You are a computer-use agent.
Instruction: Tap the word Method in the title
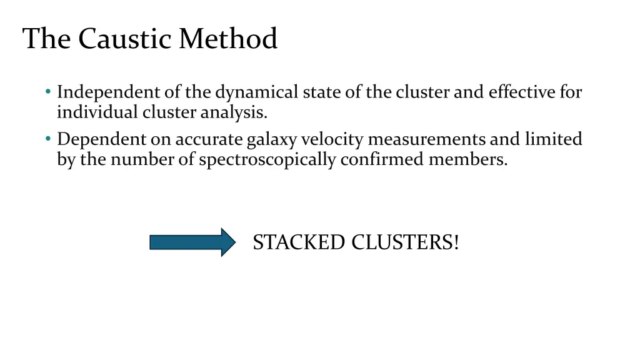click(x=227, y=39)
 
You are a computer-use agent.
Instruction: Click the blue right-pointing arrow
click(x=192, y=242)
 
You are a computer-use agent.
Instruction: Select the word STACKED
click(x=299, y=242)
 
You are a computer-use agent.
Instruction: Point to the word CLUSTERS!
click(x=405, y=242)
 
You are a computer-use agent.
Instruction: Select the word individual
click(x=97, y=113)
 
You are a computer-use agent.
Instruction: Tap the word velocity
click(x=327, y=139)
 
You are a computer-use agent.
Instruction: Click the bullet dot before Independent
click(x=48, y=92)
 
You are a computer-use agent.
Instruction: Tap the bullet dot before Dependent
click(x=48, y=139)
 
